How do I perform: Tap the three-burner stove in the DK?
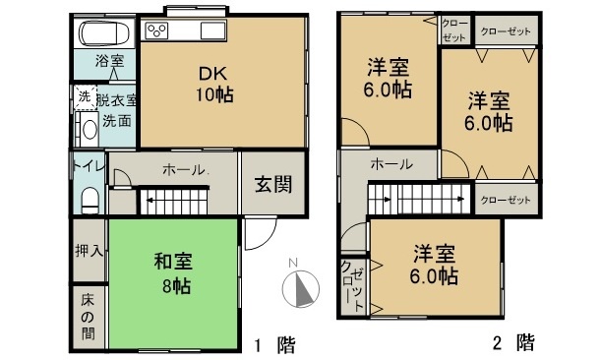pos(157,30)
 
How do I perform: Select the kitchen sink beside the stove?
pos(212,30)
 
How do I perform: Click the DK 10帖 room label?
pos(213,84)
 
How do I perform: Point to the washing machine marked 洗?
pos(85,97)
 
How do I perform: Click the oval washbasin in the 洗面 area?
pos(90,130)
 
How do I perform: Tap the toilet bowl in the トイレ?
pos(90,200)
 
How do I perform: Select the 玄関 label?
pos(273,184)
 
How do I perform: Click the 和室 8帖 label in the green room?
pos(174,272)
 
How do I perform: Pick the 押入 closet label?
pos(89,251)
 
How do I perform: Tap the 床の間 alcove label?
pos(88,317)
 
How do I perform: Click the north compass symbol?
pos(300,287)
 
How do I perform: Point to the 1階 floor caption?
pos(274,344)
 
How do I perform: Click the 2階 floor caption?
pos(513,342)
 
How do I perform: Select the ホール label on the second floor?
pos(391,164)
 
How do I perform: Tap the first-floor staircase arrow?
pos(176,200)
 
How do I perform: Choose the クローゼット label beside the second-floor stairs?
pos(506,200)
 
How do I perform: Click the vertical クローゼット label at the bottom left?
pos(353,286)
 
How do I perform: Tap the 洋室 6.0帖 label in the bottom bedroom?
pos(434,265)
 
